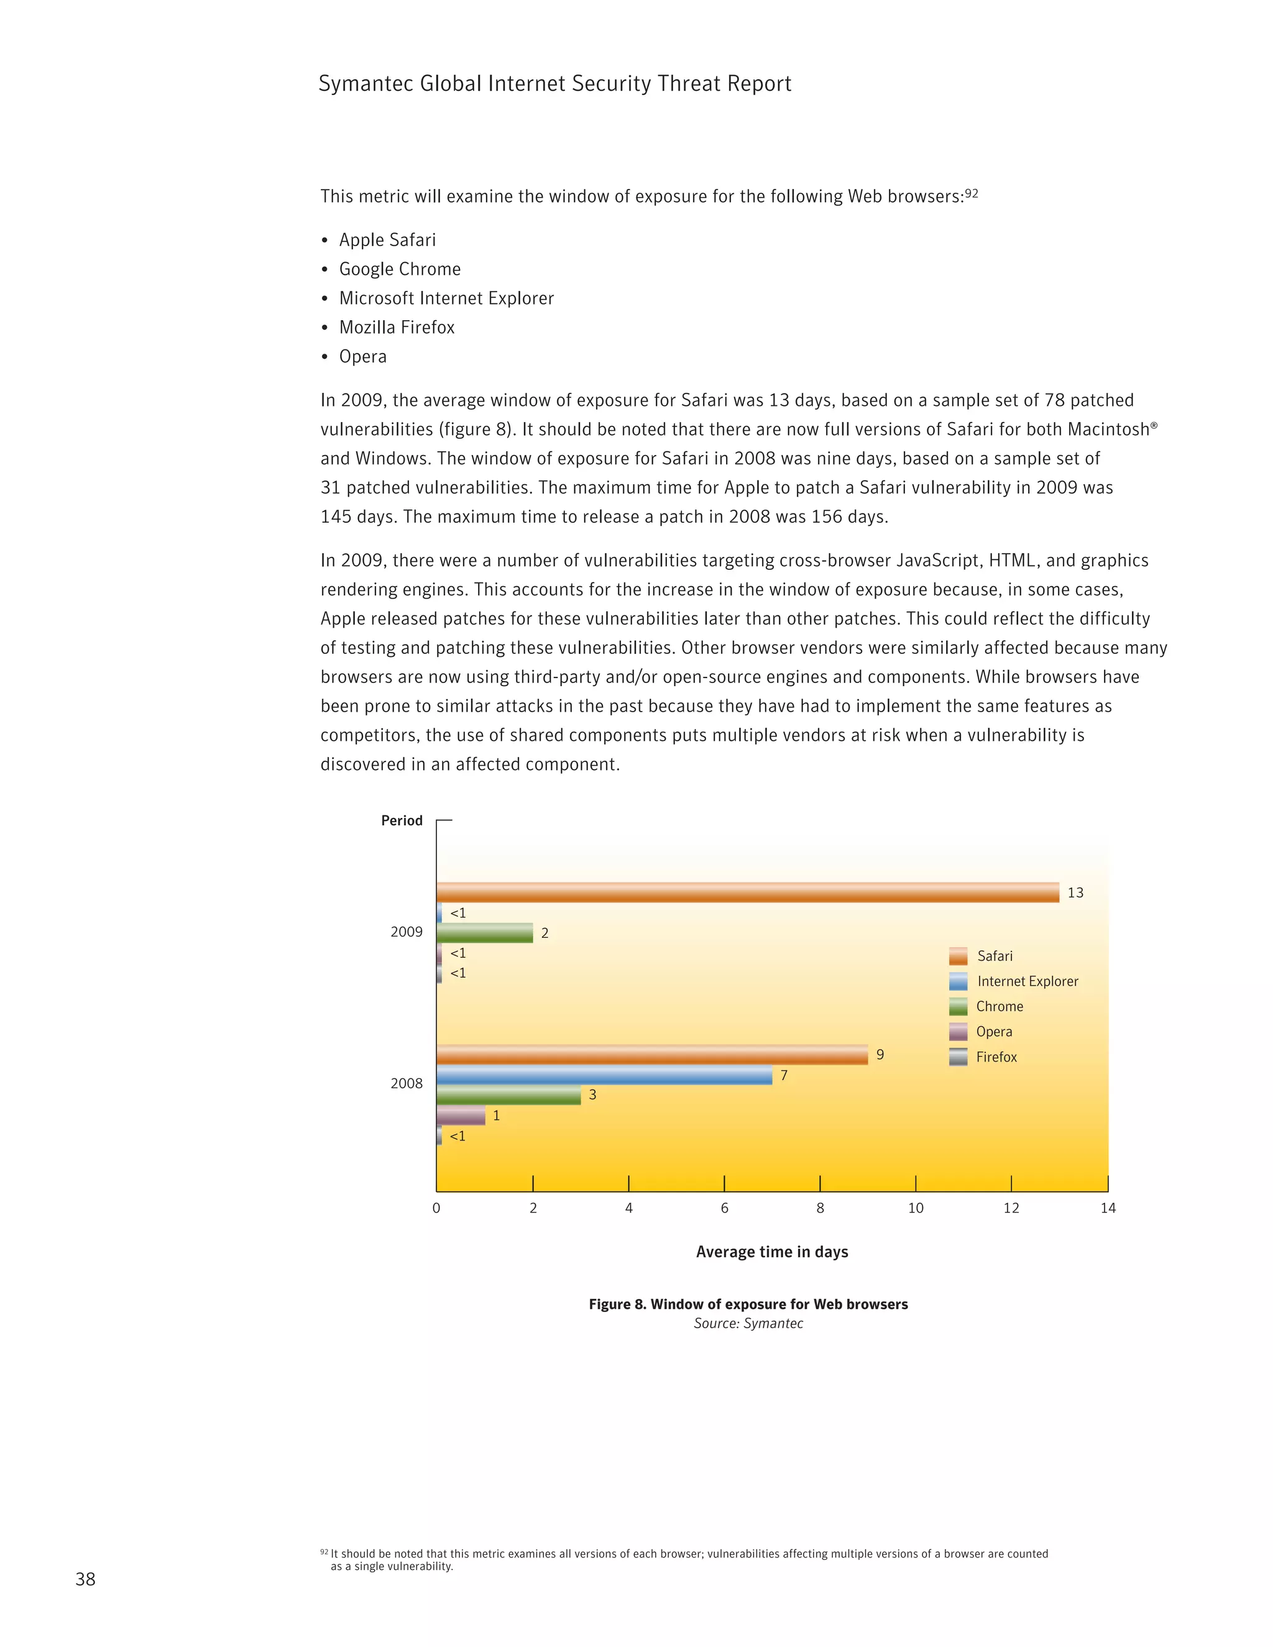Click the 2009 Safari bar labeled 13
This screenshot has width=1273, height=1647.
click(747, 892)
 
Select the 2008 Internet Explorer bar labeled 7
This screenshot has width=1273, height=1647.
click(604, 1075)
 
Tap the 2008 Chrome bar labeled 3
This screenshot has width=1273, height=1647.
click(508, 1095)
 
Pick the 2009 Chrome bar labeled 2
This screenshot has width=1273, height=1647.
click(484, 933)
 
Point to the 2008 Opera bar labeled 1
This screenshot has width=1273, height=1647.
click(461, 1116)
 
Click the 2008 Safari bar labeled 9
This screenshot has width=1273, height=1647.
click(651, 1054)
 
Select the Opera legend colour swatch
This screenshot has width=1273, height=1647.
click(958, 1032)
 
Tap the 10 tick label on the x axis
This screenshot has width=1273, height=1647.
click(916, 1208)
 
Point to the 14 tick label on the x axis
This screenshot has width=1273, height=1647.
click(1107, 1208)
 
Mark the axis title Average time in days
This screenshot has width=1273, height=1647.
click(771, 1252)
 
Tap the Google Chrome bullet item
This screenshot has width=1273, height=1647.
click(399, 269)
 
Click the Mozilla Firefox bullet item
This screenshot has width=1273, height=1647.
click(397, 328)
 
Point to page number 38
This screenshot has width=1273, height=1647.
click(85, 1579)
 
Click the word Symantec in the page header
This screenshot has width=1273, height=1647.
click(365, 84)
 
